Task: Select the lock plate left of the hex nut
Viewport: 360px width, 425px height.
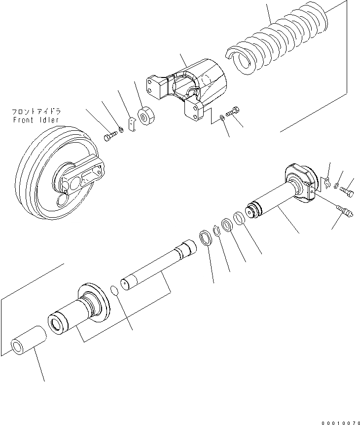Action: click(x=131, y=124)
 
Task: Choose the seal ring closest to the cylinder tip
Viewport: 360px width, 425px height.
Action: click(x=238, y=218)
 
